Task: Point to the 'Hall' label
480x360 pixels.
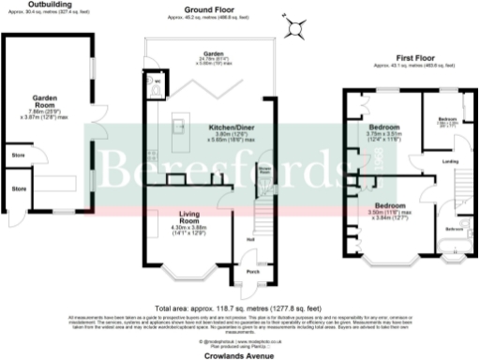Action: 251,239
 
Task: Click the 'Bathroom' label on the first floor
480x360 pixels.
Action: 454,229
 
